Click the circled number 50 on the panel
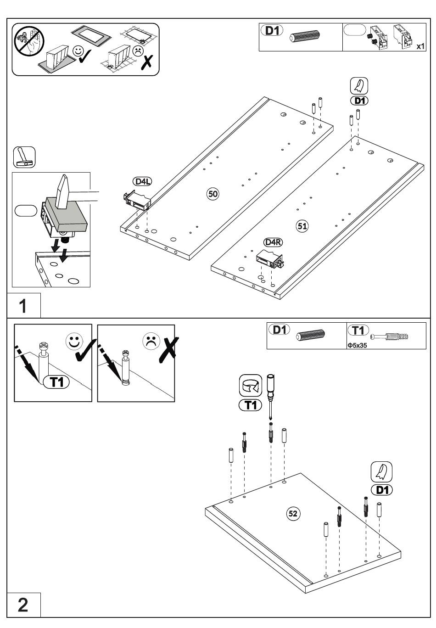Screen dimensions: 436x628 pyautogui.click(x=212, y=194)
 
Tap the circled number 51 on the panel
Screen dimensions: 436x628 pyautogui.click(x=302, y=226)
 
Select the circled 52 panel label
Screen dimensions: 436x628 pyautogui.click(x=293, y=513)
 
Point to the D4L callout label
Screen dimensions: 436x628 pyautogui.click(x=142, y=182)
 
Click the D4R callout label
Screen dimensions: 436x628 pyautogui.click(x=273, y=242)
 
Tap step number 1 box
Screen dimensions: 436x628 pyautogui.click(x=23, y=306)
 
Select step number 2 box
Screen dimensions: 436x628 pyautogui.click(x=23, y=605)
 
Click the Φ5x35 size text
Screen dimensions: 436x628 pyautogui.click(x=357, y=345)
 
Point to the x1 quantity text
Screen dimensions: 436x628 pyautogui.click(x=420, y=46)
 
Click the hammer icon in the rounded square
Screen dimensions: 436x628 pyautogui.click(x=24, y=157)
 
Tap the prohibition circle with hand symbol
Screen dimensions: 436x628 pyautogui.click(x=29, y=41)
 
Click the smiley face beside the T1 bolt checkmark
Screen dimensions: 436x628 pyautogui.click(x=74, y=341)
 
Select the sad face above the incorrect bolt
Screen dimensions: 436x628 pyautogui.click(x=151, y=341)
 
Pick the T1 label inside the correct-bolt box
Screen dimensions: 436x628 pyautogui.click(x=56, y=381)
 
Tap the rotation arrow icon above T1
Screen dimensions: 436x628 pyautogui.click(x=251, y=386)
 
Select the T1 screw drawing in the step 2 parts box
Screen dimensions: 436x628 pyautogui.click(x=389, y=336)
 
